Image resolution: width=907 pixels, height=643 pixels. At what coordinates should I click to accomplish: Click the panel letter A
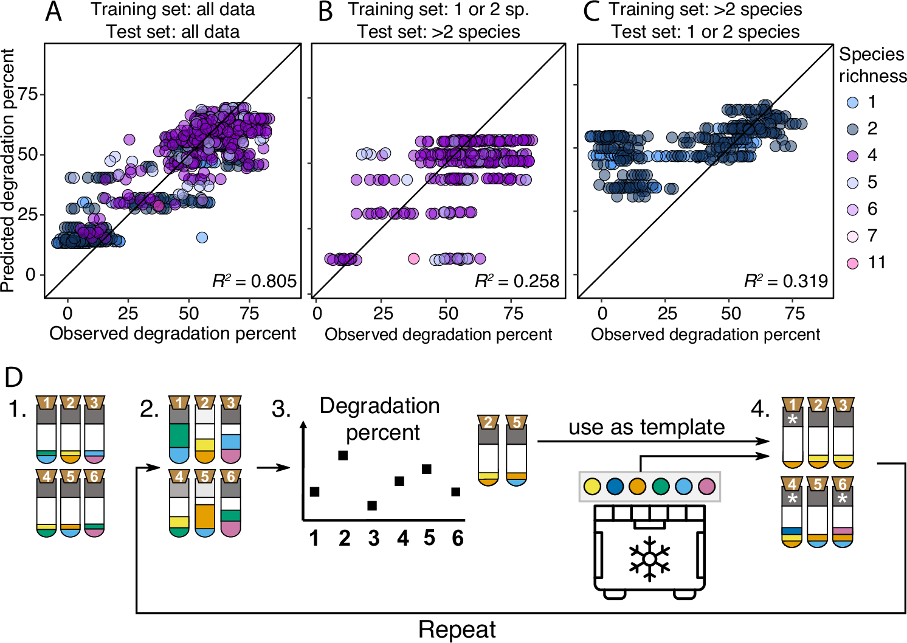click(53, 12)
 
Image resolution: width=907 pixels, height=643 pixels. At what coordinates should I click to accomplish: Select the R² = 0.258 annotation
click(517, 281)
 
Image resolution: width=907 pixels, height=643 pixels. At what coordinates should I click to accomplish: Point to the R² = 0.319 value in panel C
click(785, 281)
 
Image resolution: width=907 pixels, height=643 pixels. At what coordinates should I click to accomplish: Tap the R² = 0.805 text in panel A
click(254, 281)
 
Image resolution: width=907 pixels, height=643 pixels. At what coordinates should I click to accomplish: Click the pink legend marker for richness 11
click(852, 263)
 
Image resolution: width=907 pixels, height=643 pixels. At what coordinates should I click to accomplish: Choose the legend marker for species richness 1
click(852, 102)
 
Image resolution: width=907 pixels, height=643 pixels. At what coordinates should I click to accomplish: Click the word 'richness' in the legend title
click(872, 76)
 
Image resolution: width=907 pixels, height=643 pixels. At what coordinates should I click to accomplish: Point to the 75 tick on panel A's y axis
click(28, 94)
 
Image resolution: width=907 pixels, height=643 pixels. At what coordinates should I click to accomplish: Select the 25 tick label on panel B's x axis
click(383, 314)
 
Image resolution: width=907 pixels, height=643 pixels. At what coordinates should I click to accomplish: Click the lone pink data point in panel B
click(413, 259)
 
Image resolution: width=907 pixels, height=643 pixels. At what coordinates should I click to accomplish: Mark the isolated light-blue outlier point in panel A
click(202, 237)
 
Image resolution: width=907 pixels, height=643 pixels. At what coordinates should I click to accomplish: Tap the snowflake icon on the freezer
click(649, 558)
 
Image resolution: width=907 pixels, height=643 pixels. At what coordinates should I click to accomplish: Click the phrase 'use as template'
click(646, 427)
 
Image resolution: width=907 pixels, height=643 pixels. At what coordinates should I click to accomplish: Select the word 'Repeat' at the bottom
click(457, 630)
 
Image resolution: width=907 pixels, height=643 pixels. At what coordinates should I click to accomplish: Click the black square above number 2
click(343, 455)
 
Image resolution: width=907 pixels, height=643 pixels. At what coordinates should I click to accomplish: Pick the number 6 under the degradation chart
click(457, 538)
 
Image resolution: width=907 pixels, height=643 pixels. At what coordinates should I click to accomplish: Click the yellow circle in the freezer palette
click(591, 487)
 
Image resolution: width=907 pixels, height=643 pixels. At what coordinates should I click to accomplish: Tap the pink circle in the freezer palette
click(706, 487)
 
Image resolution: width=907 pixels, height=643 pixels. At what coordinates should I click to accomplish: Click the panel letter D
click(13, 377)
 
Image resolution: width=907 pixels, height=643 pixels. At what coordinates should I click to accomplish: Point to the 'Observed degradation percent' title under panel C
click(705, 335)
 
